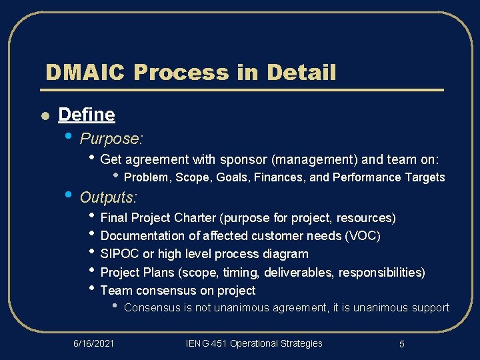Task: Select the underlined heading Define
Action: coord(87,115)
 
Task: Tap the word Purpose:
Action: coord(111,139)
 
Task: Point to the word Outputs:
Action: coord(109,197)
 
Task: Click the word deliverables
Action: coord(294,272)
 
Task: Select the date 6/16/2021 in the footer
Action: coord(93,343)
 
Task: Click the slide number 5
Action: coord(402,344)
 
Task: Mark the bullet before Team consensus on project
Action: coord(92,289)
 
